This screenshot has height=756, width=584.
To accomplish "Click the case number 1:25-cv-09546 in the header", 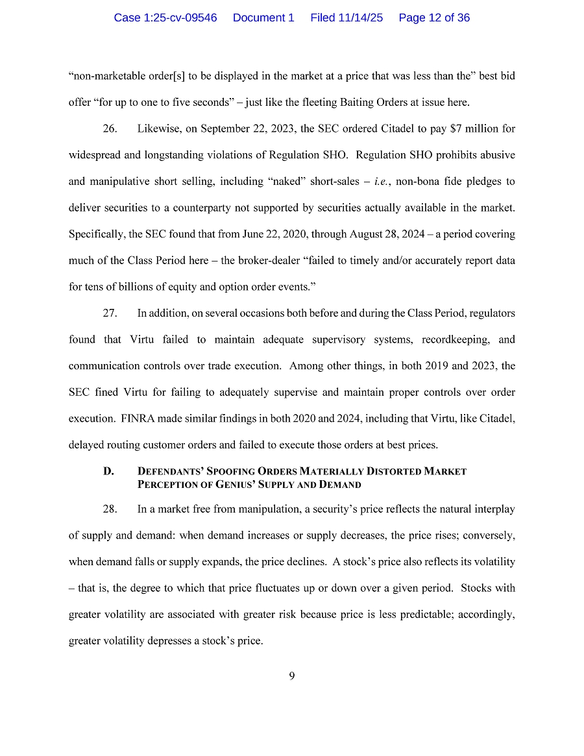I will tap(165, 18).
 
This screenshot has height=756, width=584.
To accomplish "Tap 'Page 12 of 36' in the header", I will tap(434, 18).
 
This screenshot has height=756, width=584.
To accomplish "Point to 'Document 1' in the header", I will tap(263, 18).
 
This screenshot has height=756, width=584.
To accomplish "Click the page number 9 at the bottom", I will tap(292, 676).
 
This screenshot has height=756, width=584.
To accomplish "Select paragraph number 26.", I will tap(110, 128).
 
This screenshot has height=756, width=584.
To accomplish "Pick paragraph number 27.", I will tap(110, 313).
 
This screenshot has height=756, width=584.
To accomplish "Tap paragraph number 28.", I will tap(110, 509).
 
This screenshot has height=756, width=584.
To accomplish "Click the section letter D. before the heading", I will tap(109, 471).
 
